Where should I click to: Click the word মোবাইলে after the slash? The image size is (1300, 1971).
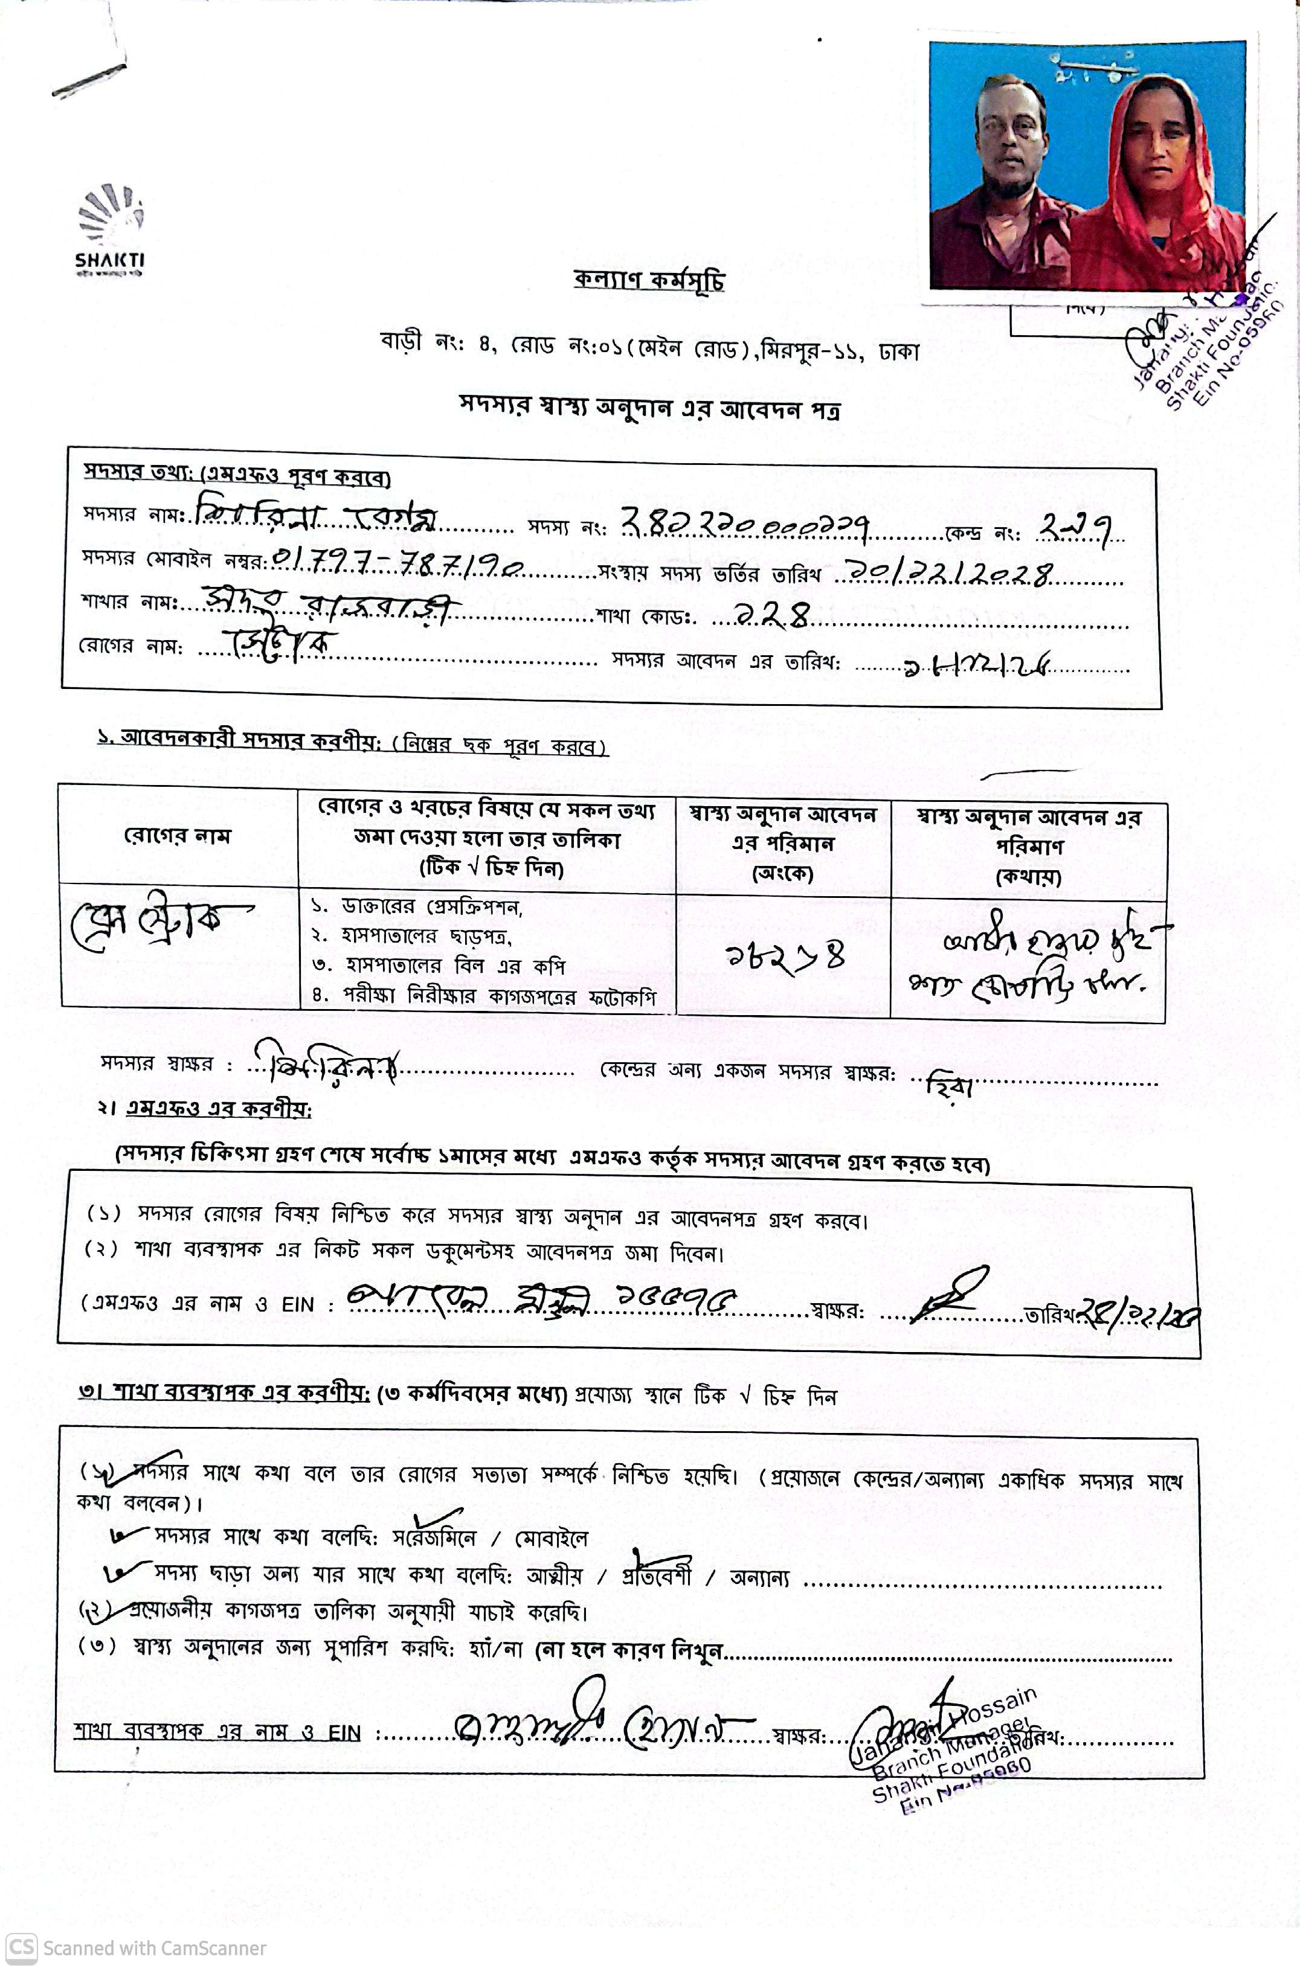(552, 1539)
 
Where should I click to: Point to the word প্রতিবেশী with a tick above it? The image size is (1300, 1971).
(657, 1575)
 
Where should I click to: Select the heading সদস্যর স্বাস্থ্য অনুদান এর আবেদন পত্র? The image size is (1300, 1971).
(650, 408)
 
